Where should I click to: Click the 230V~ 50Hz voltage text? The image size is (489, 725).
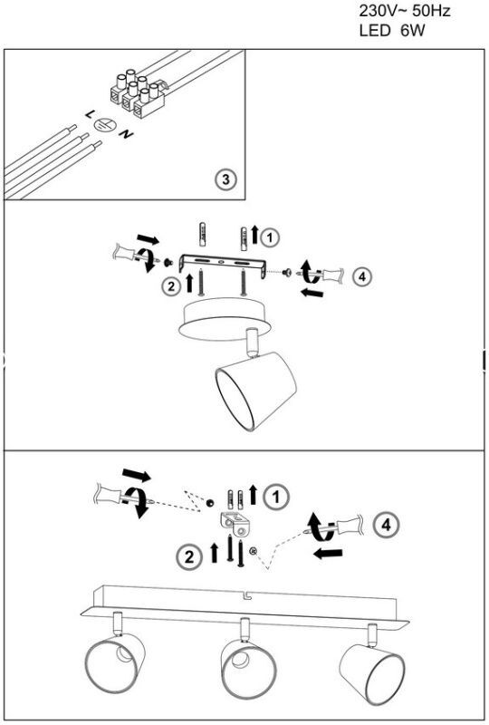pyautogui.click(x=405, y=11)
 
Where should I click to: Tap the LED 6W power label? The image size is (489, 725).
pyautogui.click(x=392, y=31)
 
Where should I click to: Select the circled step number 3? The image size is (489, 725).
pyautogui.click(x=225, y=179)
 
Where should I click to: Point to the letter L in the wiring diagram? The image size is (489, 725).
pyautogui.click(x=90, y=114)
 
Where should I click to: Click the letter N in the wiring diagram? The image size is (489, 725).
pyautogui.click(x=126, y=134)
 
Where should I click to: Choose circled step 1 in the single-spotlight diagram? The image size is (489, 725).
pyautogui.click(x=270, y=237)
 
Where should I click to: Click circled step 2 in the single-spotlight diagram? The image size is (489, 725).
pyautogui.click(x=171, y=286)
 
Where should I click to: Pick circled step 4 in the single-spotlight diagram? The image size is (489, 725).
pyautogui.click(x=362, y=276)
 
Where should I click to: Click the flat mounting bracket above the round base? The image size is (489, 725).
pyautogui.click(x=223, y=264)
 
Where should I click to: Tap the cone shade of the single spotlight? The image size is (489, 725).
pyautogui.click(x=255, y=391)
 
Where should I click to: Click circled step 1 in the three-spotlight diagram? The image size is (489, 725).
pyautogui.click(x=276, y=497)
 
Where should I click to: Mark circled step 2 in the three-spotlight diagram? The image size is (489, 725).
pyautogui.click(x=189, y=556)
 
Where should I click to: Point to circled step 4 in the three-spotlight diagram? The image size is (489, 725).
pyautogui.click(x=386, y=525)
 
